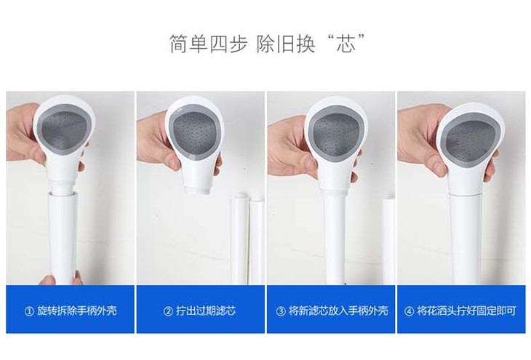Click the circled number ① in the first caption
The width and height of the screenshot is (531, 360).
click(x=30, y=311)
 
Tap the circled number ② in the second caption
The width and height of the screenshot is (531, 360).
click(x=168, y=311)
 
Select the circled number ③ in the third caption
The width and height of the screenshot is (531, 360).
click(x=281, y=311)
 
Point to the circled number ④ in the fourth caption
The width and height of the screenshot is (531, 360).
click(x=409, y=311)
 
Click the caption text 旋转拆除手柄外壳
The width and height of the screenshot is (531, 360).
click(x=77, y=311)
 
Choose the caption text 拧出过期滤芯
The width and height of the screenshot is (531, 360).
click(x=206, y=311)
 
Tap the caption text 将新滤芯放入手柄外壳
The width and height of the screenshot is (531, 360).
click(x=338, y=311)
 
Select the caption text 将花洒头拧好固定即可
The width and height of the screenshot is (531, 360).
click(x=466, y=311)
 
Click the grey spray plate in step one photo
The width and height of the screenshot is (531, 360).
click(x=63, y=129)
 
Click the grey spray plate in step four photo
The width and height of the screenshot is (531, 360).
click(x=471, y=140)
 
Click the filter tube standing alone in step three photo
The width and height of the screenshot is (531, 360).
click(x=388, y=241)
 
